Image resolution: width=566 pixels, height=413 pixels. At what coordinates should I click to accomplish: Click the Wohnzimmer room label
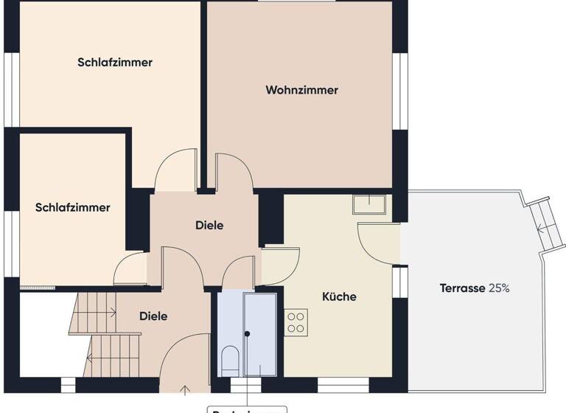click(301, 90)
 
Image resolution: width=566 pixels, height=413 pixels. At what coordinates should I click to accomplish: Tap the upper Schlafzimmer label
click(115, 63)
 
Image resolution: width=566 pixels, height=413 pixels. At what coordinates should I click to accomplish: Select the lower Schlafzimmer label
click(72, 208)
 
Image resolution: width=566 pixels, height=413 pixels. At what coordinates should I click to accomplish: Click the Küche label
click(339, 296)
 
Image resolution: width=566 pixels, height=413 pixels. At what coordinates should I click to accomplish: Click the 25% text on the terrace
click(499, 288)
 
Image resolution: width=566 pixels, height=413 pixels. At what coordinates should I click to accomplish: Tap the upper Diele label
click(209, 225)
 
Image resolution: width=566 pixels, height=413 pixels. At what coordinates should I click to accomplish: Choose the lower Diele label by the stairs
click(153, 316)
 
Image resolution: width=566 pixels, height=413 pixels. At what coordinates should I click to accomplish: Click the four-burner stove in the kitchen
click(296, 322)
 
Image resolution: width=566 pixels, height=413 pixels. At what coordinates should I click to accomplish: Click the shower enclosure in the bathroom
click(260, 336)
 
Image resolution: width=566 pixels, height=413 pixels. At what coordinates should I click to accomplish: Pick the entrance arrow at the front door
click(184, 389)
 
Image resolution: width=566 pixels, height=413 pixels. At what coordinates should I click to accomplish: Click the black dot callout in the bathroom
click(248, 334)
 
